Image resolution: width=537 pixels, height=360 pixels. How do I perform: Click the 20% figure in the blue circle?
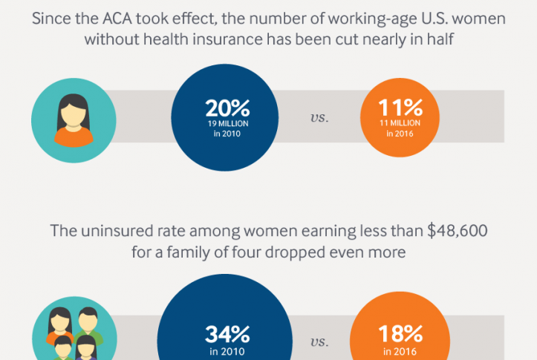227,107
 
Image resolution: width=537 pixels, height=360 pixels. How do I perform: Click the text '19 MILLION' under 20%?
227,123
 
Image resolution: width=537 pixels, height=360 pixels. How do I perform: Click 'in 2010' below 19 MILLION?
227,134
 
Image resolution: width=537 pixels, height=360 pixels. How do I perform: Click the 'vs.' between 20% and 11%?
319,117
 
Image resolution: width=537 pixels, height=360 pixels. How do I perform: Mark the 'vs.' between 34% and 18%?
319,341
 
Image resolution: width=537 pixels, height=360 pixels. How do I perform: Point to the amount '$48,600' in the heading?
459,231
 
